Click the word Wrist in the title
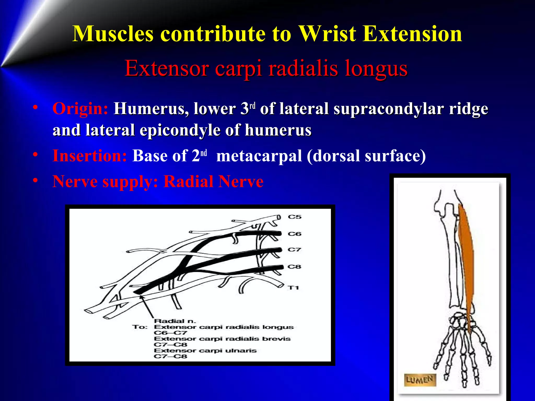pos(328,34)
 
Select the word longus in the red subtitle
pos(376,68)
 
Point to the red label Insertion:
pos(90,156)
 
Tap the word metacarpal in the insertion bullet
pos(259,156)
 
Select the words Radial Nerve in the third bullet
pos(213,181)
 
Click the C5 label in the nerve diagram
pos(294,217)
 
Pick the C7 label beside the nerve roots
pos(294,250)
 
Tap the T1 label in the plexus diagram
pos(293,288)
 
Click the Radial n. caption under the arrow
pos(175,321)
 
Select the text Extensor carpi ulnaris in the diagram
pos(205,351)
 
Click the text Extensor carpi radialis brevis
pos(222,339)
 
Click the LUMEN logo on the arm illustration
pos(420,380)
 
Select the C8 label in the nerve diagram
pos(294,267)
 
